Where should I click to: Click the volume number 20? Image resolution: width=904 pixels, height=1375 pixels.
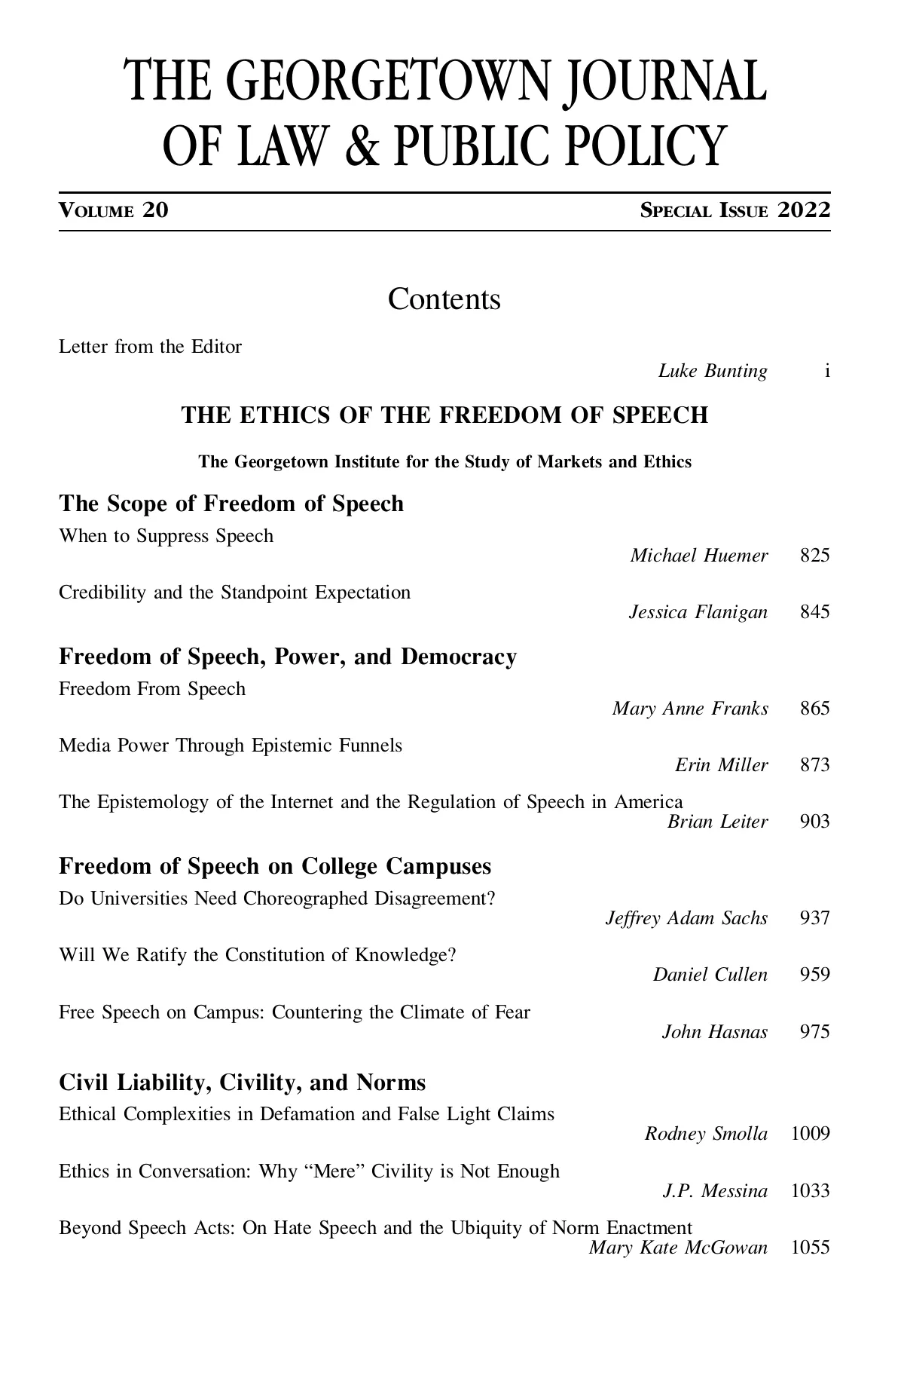click(155, 210)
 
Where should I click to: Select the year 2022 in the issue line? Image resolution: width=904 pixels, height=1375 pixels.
click(804, 210)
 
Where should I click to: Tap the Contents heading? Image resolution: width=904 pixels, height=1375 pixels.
click(444, 299)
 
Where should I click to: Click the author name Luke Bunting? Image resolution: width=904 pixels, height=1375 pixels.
click(713, 371)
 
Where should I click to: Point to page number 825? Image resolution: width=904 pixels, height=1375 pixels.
click(814, 556)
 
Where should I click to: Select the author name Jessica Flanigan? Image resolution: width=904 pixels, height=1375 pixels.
click(698, 612)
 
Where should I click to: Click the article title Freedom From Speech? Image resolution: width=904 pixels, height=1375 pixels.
click(152, 689)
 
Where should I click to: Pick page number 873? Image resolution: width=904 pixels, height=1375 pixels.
click(814, 765)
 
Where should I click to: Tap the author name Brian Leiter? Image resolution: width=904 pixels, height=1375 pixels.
click(717, 822)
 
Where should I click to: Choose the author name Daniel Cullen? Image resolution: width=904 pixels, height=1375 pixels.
click(710, 975)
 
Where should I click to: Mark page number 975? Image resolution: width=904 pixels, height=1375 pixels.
click(814, 1032)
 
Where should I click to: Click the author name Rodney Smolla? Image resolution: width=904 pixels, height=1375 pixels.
click(706, 1134)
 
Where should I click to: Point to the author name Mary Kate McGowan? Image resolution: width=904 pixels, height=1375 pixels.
click(678, 1248)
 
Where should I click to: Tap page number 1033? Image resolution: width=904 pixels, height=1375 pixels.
click(810, 1191)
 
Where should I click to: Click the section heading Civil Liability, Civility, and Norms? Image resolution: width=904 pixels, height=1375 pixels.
click(242, 1083)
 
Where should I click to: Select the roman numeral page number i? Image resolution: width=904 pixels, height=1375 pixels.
click(826, 371)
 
